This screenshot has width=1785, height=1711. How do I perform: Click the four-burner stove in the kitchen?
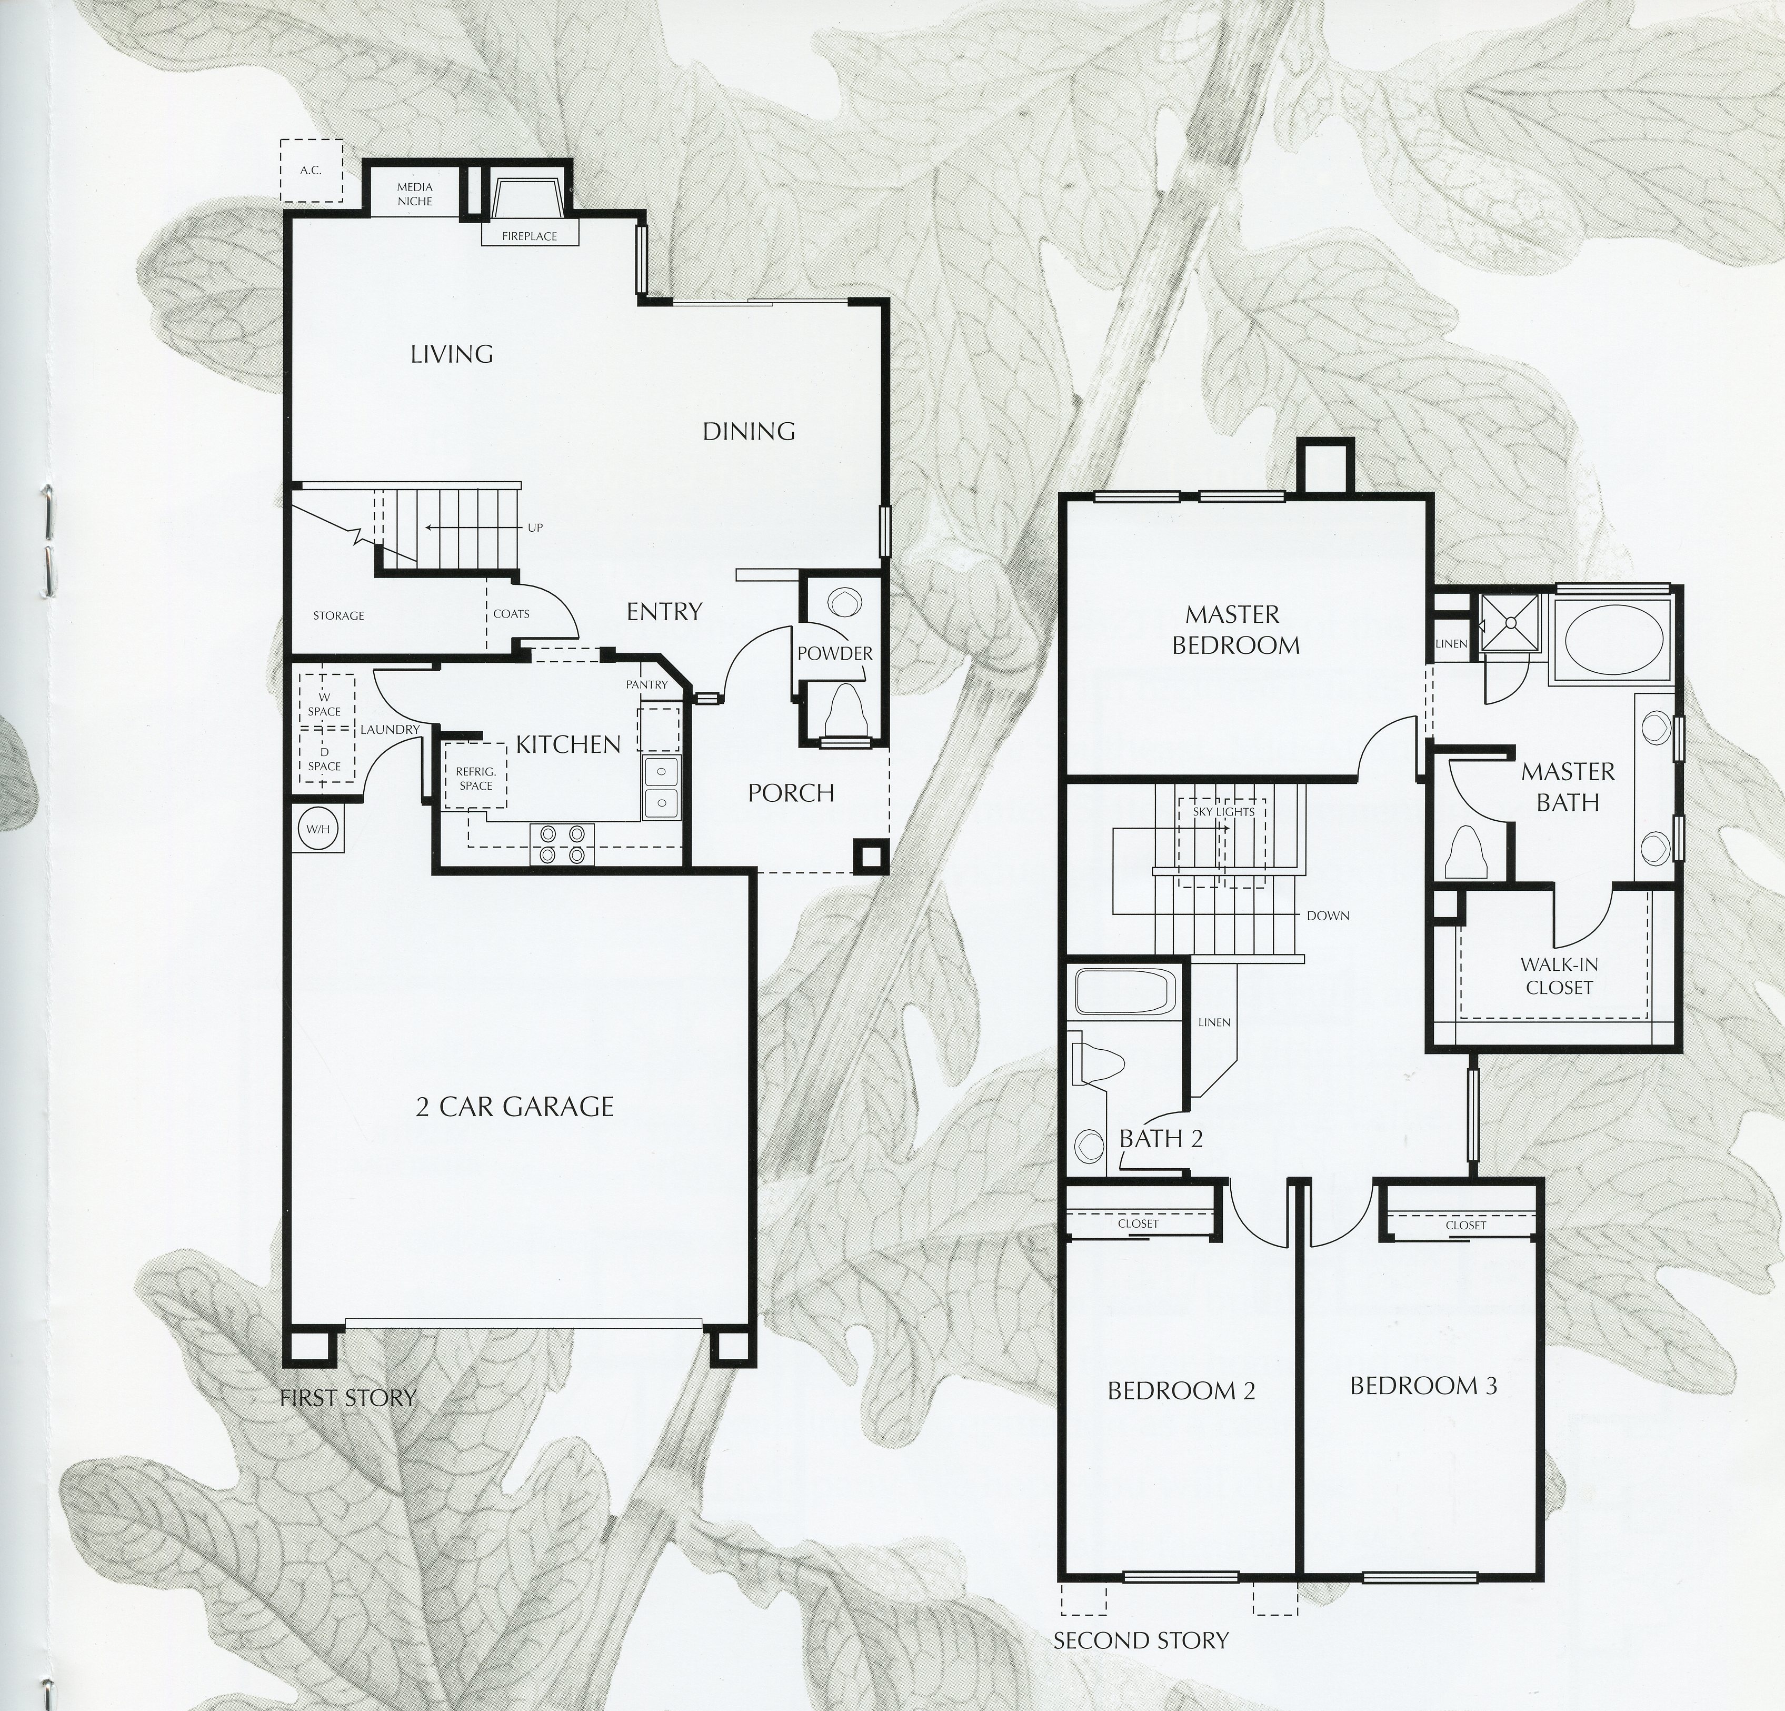coord(562,843)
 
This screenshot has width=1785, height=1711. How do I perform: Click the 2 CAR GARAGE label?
coord(515,1107)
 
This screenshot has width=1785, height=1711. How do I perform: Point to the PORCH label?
coord(791,793)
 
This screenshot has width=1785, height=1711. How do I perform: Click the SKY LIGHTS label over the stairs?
coord(1223,811)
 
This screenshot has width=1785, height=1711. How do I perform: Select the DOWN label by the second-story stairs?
coord(1327,915)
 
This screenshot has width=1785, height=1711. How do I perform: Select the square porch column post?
coord(869,855)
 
